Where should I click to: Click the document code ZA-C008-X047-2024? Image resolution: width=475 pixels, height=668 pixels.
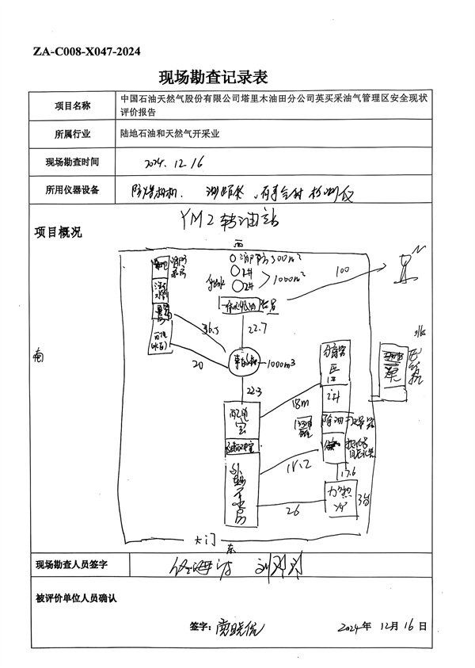point(87,52)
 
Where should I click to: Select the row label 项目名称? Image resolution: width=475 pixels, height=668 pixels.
point(73,105)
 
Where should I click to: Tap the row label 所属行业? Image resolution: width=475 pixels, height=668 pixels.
point(73,134)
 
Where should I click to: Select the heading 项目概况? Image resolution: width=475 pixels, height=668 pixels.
point(58,233)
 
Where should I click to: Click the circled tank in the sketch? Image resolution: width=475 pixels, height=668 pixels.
point(242,364)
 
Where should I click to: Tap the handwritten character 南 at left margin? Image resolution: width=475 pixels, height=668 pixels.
point(37,356)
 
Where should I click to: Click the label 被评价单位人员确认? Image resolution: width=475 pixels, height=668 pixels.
point(77,597)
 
